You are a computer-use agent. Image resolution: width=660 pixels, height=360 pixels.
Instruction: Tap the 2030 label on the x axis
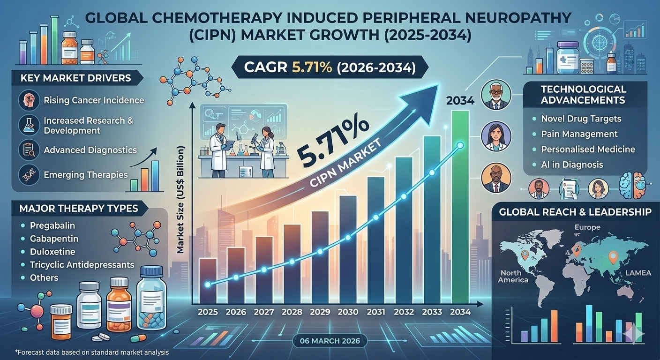point(347,312)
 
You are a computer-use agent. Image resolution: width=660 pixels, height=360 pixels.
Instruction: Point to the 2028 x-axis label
point(292,312)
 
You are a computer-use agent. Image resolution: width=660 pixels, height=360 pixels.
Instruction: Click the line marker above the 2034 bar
point(460,145)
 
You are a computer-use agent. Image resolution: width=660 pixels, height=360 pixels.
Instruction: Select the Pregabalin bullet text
point(52,225)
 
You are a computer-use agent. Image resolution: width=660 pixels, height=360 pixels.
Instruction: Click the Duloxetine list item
point(53,252)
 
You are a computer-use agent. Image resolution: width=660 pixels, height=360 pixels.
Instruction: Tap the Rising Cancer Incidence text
point(94,100)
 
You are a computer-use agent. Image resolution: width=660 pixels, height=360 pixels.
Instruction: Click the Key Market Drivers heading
point(75,77)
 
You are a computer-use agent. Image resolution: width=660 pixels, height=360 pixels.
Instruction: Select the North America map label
point(514,277)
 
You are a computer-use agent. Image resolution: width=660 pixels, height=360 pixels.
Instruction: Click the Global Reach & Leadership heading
point(575,212)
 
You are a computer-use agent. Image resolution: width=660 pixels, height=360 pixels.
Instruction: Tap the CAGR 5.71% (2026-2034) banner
point(330,68)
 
